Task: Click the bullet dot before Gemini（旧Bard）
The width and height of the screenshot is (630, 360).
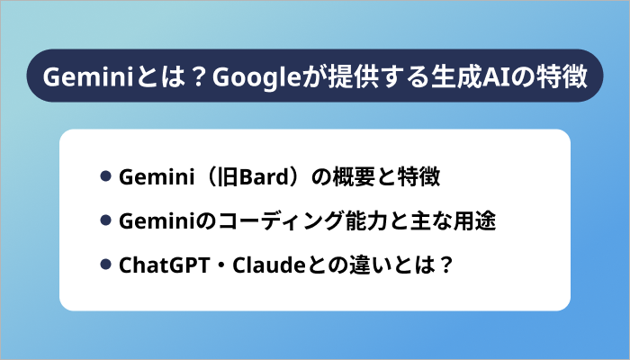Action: pos(105,176)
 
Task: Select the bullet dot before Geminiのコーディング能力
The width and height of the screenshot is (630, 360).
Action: pos(105,220)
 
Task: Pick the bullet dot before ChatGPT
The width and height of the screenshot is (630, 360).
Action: pos(105,264)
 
